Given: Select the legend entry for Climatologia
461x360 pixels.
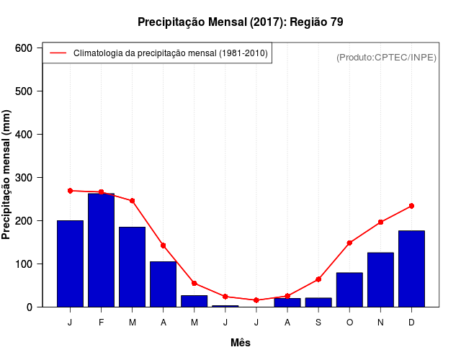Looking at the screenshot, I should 170,53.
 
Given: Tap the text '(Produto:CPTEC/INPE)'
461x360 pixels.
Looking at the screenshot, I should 386,57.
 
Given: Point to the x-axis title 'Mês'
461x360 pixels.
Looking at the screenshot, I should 241,343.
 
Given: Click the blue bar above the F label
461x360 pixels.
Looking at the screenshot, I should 101,250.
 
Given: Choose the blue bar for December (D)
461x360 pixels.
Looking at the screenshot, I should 411,269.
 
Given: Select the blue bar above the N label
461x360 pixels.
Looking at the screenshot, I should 380,279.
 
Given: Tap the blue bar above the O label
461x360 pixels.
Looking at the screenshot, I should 349,289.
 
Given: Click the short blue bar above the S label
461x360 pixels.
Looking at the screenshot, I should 318,302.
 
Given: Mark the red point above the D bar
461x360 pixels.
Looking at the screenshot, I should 411,206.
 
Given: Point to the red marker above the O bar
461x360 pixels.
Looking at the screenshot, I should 349,243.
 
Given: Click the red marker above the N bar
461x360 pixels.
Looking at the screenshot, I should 380,222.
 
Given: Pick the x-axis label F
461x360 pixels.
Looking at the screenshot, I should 101,323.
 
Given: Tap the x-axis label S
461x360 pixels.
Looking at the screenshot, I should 318,323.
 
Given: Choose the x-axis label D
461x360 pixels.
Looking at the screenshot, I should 411,323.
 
